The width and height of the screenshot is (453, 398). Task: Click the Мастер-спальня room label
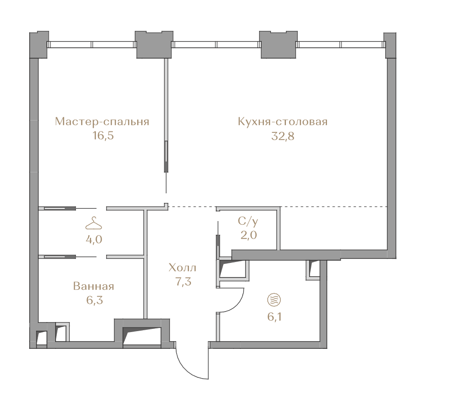pyautogui.click(x=102, y=121)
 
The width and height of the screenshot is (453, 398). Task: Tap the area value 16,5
pyautogui.click(x=103, y=136)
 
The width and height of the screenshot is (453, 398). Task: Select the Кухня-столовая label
pyautogui.click(x=283, y=121)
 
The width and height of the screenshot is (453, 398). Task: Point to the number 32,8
pyautogui.click(x=283, y=136)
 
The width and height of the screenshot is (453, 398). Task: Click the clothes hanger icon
pyautogui.click(x=94, y=223)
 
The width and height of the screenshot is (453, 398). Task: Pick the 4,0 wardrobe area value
pyautogui.click(x=94, y=240)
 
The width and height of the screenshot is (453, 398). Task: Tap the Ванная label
pyautogui.click(x=94, y=286)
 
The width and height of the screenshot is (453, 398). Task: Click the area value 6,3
pyautogui.click(x=95, y=300)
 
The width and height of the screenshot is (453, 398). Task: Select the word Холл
pyautogui.click(x=182, y=268)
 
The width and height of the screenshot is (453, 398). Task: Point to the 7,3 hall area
pyautogui.click(x=183, y=282)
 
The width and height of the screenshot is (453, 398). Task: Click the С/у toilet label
pyautogui.click(x=248, y=222)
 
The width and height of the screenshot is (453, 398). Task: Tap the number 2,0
pyautogui.click(x=249, y=235)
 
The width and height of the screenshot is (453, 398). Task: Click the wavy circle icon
pyautogui.click(x=274, y=300)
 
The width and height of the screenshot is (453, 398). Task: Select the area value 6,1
pyautogui.click(x=275, y=317)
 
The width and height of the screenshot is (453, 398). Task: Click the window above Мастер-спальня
pyautogui.click(x=92, y=45)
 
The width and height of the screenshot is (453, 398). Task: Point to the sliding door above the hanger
pyautogui.click(x=68, y=208)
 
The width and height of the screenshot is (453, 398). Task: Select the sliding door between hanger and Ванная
pyautogui.click(x=68, y=256)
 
